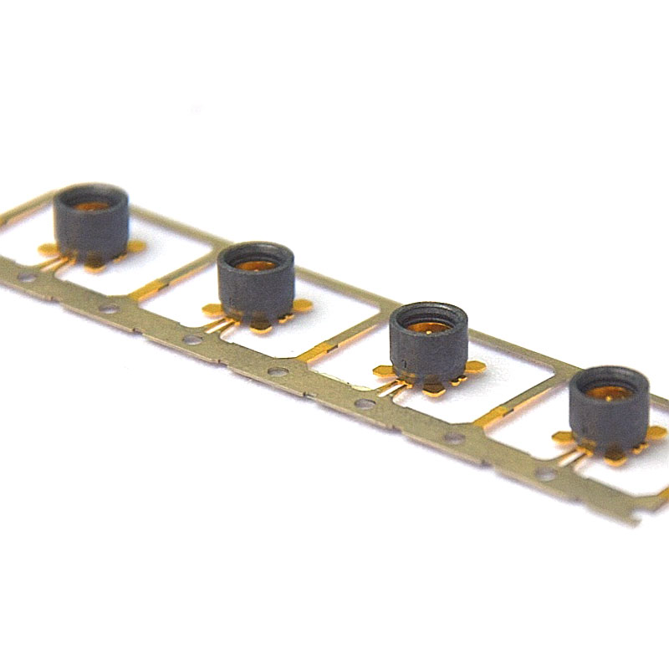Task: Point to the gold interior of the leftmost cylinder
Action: tap(93, 204)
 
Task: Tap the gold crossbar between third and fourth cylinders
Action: tap(493, 414)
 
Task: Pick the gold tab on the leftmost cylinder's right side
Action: tap(134, 246)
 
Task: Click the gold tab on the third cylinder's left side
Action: tap(384, 372)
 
